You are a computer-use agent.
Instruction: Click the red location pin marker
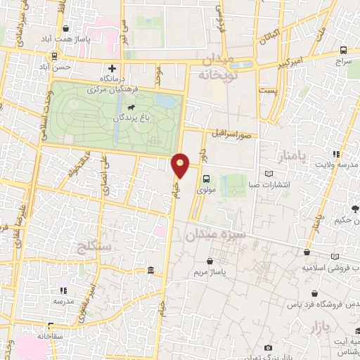pyautogui.click(x=181, y=165)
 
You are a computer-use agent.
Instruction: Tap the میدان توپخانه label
pyautogui.click(x=219, y=66)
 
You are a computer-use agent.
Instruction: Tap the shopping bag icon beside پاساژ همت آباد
pyautogui.click(x=65, y=29)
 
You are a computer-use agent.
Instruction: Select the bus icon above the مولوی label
pyautogui.click(x=205, y=179)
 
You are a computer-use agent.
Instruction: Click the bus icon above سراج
pyautogui.click(x=343, y=51)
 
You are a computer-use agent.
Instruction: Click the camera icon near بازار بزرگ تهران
pyautogui.click(x=268, y=347)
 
